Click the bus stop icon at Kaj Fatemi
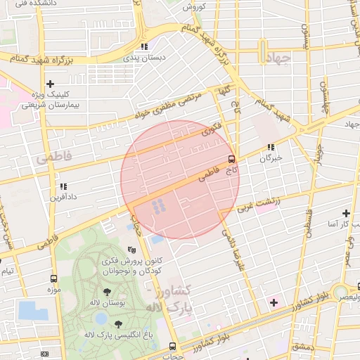coord(232,159)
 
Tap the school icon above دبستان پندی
coord(144,46)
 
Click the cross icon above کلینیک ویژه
coord(50,84)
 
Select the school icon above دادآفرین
coord(63,187)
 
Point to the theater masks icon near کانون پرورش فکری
coord(131,250)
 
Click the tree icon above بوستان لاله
coord(107,291)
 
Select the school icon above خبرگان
coord(271,148)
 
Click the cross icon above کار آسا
coord(345,213)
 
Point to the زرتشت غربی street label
coord(257,205)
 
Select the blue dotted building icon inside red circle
coord(160,205)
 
